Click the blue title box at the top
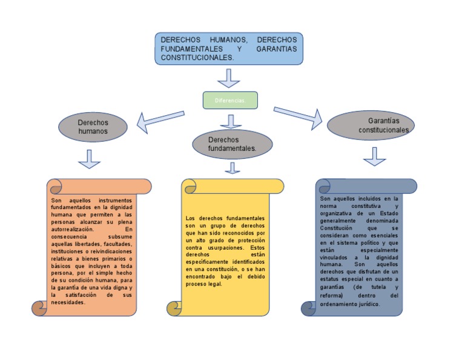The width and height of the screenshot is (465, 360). coord(229,48)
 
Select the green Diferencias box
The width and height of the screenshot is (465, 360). coord(229,100)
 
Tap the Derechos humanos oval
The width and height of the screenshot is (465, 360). coord(93,127)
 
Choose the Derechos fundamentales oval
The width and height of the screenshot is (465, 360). coord(231,144)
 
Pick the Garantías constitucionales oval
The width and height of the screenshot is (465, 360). coord(371,125)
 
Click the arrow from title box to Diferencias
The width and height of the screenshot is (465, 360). coord(229,78)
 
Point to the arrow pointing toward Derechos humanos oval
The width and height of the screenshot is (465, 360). coord(159,119)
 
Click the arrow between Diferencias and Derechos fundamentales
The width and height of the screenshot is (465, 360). coord(231,121)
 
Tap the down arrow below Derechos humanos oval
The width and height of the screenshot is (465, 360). coord(90,158)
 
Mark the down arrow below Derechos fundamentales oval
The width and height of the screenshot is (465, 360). coord(232,168)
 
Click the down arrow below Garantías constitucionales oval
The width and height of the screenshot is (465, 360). coord(375,156)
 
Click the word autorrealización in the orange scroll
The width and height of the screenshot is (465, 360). coord(73,230)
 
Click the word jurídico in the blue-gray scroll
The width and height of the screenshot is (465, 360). coord(368,304)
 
